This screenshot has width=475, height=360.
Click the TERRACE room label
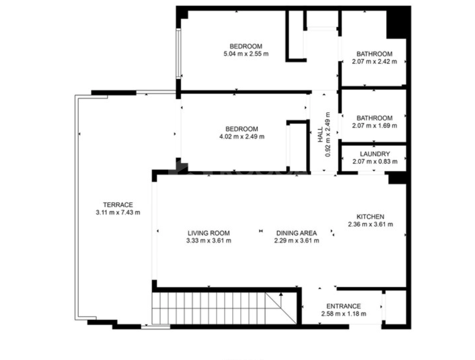tap(118, 205)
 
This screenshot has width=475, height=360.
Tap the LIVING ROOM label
tap(209, 233)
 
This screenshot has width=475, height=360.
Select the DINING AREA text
tap(297, 233)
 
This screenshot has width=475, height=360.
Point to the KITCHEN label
tap(371, 217)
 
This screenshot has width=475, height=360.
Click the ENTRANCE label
tap(343, 306)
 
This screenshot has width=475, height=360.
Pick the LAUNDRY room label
tap(375, 154)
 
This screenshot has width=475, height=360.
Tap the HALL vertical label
tap(320, 135)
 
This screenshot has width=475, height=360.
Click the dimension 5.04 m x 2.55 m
tap(246, 54)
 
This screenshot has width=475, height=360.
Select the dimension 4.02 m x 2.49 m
tap(242, 137)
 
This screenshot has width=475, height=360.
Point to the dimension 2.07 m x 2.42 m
tap(374, 62)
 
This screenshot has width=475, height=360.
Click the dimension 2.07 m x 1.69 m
tap(374, 126)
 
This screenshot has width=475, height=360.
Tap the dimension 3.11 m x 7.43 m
tap(118, 212)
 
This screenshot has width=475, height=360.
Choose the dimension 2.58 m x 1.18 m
tap(343, 314)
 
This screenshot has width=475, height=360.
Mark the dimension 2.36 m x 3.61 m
tap(371, 224)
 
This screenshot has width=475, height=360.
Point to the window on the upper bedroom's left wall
tap(178, 54)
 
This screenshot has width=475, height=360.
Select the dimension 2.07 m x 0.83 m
tap(375, 162)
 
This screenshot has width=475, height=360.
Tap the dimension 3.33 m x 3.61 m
tap(209, 241)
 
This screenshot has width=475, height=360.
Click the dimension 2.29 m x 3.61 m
tap(297, 241)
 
